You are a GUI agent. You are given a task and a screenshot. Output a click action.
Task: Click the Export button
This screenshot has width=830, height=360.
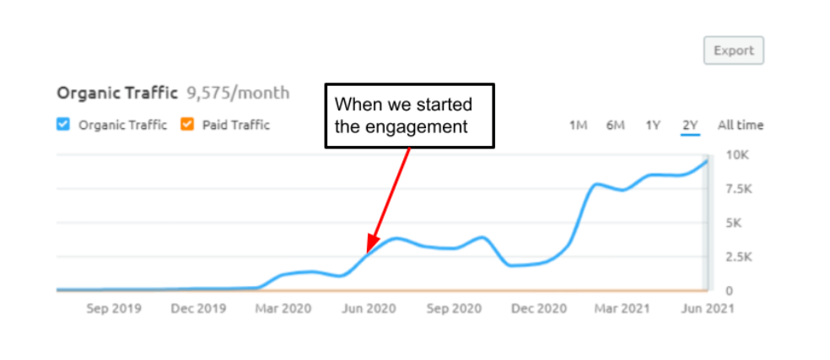tap(734, 51)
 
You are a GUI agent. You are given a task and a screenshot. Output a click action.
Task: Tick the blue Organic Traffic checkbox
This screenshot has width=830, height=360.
tap(62, 125)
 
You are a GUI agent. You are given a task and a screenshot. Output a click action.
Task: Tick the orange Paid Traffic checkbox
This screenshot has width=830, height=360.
tap(187, 125)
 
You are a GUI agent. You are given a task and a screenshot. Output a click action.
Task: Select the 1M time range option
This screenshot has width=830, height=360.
tap(578, 126)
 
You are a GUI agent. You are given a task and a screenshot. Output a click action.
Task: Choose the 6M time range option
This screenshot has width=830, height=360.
tap(615, 126)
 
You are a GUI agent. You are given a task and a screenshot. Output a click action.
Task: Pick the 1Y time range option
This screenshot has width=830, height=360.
tap(653, 126)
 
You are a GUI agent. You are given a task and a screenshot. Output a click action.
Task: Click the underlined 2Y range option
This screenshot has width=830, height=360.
tap(690, 126)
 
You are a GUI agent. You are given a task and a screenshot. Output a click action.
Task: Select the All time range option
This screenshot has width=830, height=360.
tap(741, 126)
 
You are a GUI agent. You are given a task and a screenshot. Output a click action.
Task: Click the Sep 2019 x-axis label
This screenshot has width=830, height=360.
tap(114, 309)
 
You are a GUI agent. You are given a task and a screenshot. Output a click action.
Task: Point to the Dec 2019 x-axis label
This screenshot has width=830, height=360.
tap(198, 309)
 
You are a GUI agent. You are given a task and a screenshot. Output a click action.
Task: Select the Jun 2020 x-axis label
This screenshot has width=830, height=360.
tap(369, 309)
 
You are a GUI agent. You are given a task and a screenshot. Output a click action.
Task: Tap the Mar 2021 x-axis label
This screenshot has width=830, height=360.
tap(622, 309)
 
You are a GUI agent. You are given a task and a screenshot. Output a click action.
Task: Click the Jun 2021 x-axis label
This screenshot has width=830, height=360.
tap(707, 309)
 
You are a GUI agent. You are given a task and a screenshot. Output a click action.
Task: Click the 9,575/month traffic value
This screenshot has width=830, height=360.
tap(238, 93)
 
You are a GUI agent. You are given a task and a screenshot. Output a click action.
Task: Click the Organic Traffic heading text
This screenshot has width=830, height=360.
tap(117, 93)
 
